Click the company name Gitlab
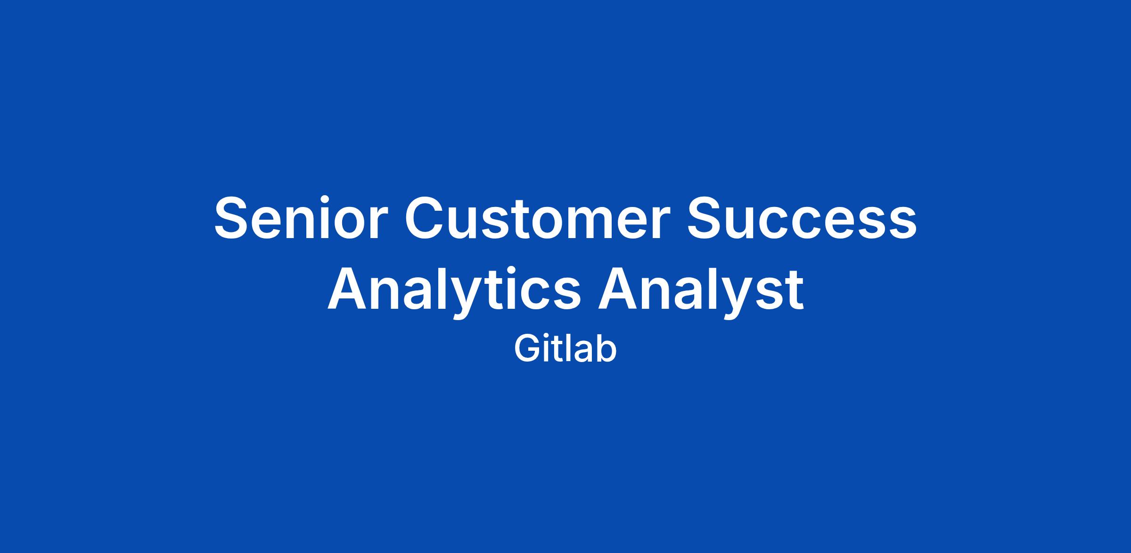point(565,349)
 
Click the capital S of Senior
point(233,218)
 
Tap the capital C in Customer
point(426,218)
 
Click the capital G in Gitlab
point(526,349)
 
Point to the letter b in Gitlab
point(606,349)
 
